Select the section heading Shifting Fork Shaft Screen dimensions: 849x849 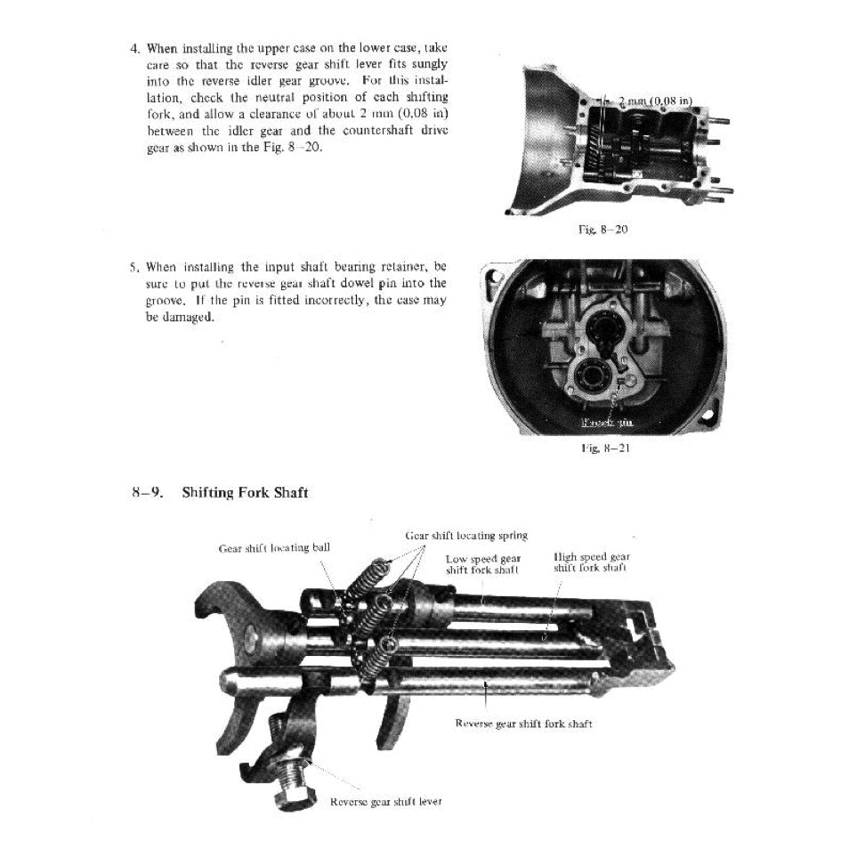click(x=245, y=492)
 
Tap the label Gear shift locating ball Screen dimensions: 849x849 click(x=274, y=547)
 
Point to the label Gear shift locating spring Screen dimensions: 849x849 click(x=466, y=535)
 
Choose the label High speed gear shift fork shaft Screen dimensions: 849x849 click(x=591, y=562)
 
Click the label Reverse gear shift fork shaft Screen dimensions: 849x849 click(x=523, y=724)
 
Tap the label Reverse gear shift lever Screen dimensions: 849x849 click(x=385, y=801)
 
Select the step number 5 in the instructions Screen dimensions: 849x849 click(x=133, y=266)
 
